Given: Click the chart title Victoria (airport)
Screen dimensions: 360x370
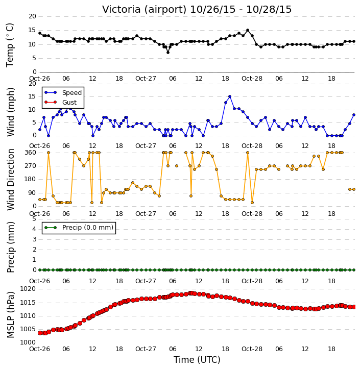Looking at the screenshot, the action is point(145,10).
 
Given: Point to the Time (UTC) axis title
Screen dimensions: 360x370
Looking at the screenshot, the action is point(197,360).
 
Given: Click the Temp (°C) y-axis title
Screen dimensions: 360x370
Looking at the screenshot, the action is point(10,45).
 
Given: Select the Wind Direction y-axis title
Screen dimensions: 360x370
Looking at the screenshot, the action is point(10,180).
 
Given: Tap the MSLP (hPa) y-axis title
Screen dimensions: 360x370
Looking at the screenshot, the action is point(10,315).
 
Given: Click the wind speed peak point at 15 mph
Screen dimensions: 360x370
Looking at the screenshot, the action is point(230,96).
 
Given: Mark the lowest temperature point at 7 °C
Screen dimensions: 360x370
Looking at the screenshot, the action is point(168,53).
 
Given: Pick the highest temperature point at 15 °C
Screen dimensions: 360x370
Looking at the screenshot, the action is point(248,30).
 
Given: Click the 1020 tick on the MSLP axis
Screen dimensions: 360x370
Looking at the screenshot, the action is point(28,289).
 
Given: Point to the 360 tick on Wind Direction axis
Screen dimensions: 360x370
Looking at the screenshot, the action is point(31,153).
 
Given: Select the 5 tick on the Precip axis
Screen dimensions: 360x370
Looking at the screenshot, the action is point(34,219).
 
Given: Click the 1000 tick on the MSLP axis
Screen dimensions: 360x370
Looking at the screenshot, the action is point(28,342).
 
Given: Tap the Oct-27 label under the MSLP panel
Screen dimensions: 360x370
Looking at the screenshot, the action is point(146,349).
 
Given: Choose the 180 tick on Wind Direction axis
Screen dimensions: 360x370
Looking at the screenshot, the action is point(31,179).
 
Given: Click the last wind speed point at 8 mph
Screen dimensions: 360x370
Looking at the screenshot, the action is point(354,115).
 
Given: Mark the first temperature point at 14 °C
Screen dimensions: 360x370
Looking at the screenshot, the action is point(40,33).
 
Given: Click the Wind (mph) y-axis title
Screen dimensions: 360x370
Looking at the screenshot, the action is point(10,112).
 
